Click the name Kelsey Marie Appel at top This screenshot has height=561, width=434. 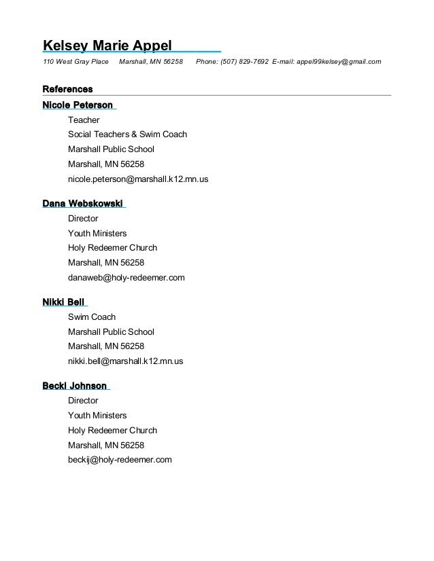tap(107, 46)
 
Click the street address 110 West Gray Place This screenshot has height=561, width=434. tap(76, 62)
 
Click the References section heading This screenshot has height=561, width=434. tap(67, 90)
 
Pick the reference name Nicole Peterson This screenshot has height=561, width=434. tap(78, 105)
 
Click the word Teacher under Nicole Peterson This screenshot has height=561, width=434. tap(84, 120)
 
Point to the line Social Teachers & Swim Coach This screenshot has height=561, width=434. tap(127, 134)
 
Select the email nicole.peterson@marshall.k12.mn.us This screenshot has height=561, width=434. tap(138, 179)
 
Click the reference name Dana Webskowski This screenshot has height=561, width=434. tap(82, 204)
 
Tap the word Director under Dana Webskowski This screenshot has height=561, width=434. tap(83, 219)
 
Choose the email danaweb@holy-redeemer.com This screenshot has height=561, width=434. tap(126, 278)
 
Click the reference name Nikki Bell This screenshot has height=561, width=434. tap(63, 302)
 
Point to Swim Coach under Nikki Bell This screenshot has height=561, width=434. tap(92, 317)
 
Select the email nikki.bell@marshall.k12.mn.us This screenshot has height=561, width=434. tap(125, 361)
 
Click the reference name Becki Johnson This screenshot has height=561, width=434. tap(74, 386)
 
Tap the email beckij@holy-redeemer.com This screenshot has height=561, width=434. tap(120, 460)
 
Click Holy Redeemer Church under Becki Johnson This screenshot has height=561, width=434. tap(112, 430)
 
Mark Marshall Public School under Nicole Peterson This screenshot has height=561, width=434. tap(111, 149)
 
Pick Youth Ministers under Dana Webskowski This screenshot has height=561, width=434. tap(97, 234)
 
